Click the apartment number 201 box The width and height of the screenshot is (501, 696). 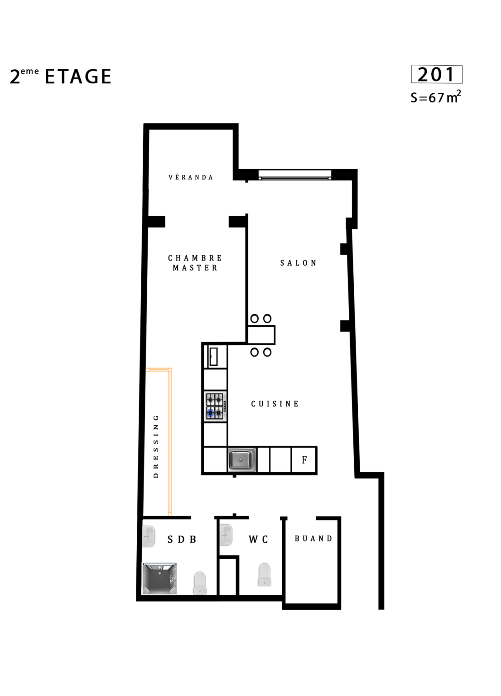[436, 74]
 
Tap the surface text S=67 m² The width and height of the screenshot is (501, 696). [435, 97]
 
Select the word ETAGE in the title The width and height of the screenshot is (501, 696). [78, 77]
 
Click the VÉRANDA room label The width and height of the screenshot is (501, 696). [191, 177]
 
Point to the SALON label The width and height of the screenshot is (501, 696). [298, 263]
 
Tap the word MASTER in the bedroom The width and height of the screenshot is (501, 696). [195, 268]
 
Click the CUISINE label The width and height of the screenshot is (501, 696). [275, 404]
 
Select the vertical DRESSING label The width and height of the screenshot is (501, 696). [156, 446]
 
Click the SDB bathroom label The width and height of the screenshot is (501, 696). [182, 539]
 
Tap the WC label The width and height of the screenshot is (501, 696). [258, 539]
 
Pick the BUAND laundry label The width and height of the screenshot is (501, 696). [313, 538]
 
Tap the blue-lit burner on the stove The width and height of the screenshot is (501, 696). [211, 413]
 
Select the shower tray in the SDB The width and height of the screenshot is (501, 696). [159, 579]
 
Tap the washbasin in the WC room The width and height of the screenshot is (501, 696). [226, 535]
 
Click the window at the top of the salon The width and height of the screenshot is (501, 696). [295, 174]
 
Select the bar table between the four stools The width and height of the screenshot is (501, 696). [261, 335]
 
